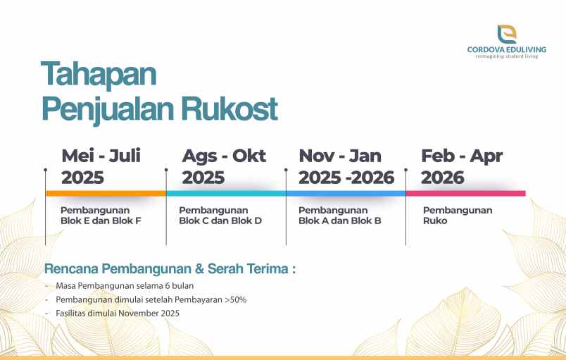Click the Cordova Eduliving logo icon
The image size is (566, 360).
506,33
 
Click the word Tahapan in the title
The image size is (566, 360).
99,74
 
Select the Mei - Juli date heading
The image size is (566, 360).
101,156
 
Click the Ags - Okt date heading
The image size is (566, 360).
224,156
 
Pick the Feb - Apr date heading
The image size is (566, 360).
461,156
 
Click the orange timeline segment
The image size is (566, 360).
106,193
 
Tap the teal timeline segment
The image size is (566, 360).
226,193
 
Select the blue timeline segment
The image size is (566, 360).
346,193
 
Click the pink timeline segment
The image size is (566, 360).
465,193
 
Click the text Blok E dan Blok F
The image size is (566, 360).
101,221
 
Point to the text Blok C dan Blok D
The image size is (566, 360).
220,221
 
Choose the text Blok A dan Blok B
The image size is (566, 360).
340,221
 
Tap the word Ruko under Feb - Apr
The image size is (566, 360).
435,221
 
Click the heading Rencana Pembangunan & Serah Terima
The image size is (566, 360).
170,268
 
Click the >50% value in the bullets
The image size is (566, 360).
236,299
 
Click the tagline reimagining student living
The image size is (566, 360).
506,56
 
